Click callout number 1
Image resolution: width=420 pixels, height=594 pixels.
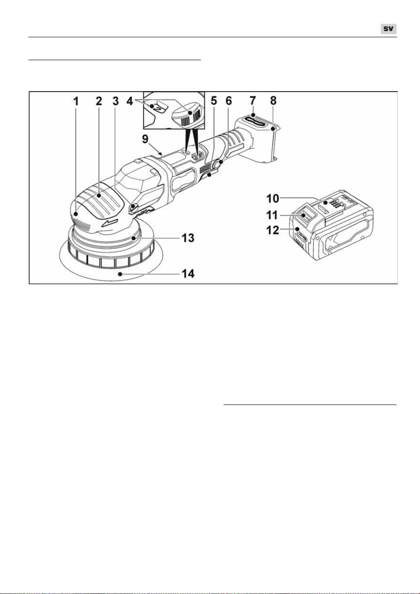76,101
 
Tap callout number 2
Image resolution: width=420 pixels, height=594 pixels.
99,101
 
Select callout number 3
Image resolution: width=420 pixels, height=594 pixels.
116,101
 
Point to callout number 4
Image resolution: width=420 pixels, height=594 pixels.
130,101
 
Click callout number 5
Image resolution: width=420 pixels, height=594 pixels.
214,101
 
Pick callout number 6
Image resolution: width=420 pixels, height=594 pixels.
229,101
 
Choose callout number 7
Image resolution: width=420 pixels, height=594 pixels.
253,101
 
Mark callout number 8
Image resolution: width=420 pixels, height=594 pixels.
273,101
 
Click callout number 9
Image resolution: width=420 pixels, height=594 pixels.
145,139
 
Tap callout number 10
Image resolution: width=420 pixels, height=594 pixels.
273,198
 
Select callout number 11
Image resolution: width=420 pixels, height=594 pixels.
273,215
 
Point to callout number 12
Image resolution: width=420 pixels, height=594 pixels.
273,230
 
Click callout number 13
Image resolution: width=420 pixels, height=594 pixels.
188,238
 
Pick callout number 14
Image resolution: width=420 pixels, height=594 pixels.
188,273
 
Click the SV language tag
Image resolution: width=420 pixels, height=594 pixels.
389,29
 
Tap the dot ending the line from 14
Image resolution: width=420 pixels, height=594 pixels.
121,274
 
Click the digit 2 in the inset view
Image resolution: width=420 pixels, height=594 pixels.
158,108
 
